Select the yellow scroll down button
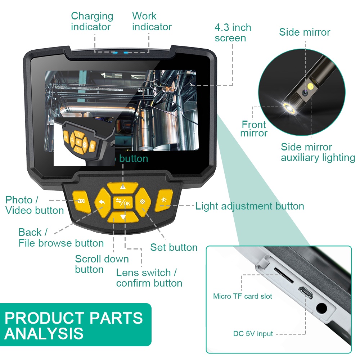coord(123,217)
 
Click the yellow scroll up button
coord(123,187)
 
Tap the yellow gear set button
coord(143,202)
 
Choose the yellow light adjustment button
coord(164,200)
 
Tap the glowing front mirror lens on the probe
coord(288,106)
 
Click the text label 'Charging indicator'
coord(92,21)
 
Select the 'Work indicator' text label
coord(152,21)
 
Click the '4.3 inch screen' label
coord(233,33)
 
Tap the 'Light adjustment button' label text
coord(249,206)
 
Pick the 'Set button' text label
coord(174,247)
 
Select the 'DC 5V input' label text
coord(253,334)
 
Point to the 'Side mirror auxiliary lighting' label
coord(318,152)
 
